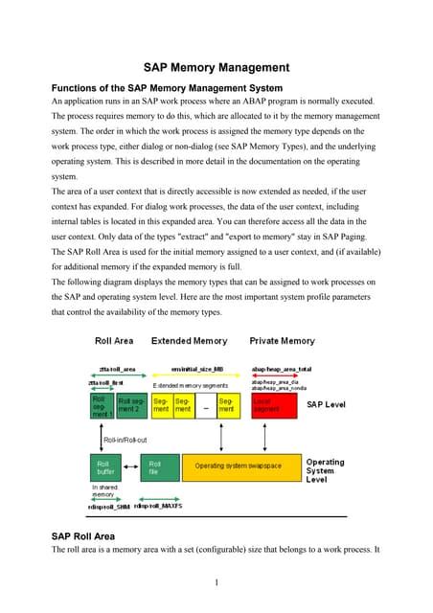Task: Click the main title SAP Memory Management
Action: pyautogui.click(x=216, y=68)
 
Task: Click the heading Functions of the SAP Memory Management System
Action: pyautogui.click(x=168, y=87)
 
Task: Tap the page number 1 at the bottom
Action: pyautogui.click(x=217, y=581)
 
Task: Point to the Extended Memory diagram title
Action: pyautogui.click(x=190, y=341)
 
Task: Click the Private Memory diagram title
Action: pyautogui.click(x=282, y=341)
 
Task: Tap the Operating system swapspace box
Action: pyautogui.click(x=239, y=466)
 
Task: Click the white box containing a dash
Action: pyautogui.click(x=203, y=408)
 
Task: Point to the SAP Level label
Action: pyautogui.click(x=327, y=405)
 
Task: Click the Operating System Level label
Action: pyautogui.click(x=326, y=470)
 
